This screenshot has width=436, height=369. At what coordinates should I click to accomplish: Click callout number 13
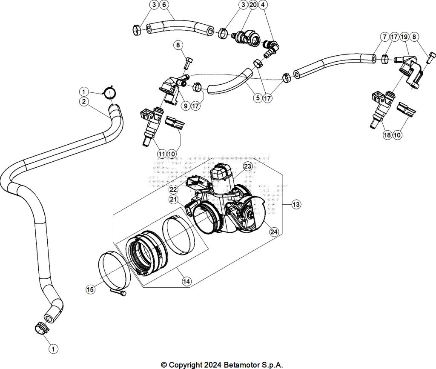(x=296, y=205)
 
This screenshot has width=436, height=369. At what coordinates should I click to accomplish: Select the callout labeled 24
(x=274, y=232)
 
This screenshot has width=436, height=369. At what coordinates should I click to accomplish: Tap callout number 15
(x=90, y=289)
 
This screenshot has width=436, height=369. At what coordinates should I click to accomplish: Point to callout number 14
(x=186, y=281)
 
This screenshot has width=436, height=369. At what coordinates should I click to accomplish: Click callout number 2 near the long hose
(x=84, y=101)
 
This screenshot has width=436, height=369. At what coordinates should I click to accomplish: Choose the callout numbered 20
(x=253, y=5)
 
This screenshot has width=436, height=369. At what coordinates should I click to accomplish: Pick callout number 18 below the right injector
(x=387, y=135)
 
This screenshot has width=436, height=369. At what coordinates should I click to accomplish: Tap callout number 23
(x=248, y=166)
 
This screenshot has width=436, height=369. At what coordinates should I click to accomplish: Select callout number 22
(x=173, y=189)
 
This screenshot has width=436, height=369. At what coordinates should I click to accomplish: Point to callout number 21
(x=173, y=199)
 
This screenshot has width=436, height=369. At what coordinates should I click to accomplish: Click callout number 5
(x=257, y=98)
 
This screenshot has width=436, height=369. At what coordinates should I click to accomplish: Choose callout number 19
(x=404, y=37)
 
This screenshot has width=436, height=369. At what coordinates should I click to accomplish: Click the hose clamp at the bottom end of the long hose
(x=41, y=328)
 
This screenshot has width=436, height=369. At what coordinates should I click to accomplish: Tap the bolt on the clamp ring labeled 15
(x=119, y=292)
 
